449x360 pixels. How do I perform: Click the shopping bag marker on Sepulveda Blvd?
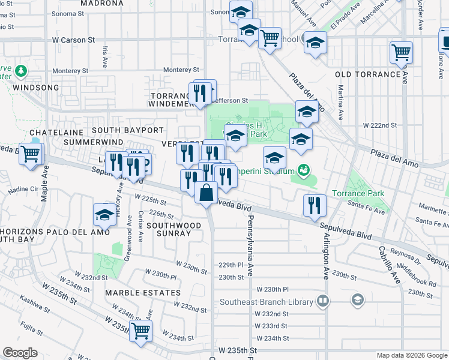[206, 193]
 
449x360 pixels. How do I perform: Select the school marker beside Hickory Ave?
[104, 215]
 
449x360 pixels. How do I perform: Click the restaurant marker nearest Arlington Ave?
[315, 206]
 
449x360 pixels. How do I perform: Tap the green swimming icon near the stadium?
[304, 171]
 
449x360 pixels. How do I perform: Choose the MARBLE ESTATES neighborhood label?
[143, 293]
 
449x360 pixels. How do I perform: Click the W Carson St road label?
[74, 40]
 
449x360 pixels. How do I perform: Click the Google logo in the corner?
[20, 353]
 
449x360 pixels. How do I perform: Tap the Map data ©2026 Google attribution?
[411, 355]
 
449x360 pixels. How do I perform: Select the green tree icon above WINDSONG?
[21, 71]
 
